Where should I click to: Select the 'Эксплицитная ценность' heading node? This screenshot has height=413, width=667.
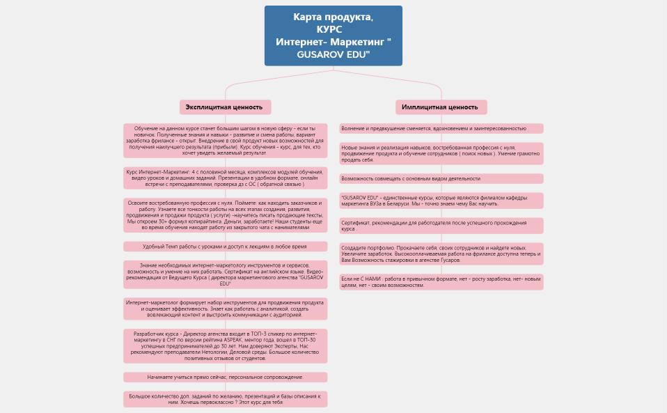click(225, 107)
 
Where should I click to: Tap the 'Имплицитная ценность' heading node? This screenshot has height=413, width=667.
click(441, 107)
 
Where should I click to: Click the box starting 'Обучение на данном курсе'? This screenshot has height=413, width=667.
click(225, 141)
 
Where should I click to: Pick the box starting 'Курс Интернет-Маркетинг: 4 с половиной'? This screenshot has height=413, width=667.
click(225, 178)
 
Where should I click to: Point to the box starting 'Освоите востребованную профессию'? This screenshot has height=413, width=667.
click(225, 215)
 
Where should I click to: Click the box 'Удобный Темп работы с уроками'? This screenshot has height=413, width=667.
click(225, 247)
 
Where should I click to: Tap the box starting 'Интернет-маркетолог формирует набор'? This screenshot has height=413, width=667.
click(225, 309)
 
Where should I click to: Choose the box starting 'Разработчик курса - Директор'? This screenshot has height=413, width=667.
click(225, 345)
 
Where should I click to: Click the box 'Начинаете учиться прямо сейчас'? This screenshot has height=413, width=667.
click(225, 377)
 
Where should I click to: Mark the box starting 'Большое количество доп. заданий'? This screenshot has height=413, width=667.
click(225, 399)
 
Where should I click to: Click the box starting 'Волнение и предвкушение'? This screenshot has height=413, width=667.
click(441, 128)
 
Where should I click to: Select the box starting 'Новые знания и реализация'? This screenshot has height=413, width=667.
click(441, 153)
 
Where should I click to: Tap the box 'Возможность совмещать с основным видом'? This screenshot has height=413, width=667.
click(441, 178)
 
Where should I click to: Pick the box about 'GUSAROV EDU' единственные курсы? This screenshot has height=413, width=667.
click(441, 201)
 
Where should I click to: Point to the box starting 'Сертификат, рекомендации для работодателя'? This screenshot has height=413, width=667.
click(441, 226)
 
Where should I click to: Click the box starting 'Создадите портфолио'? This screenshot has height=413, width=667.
click(441, 254)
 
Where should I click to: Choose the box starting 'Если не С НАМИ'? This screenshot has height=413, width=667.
click(441, 281)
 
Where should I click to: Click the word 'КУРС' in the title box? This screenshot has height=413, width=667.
click(329, 29)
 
